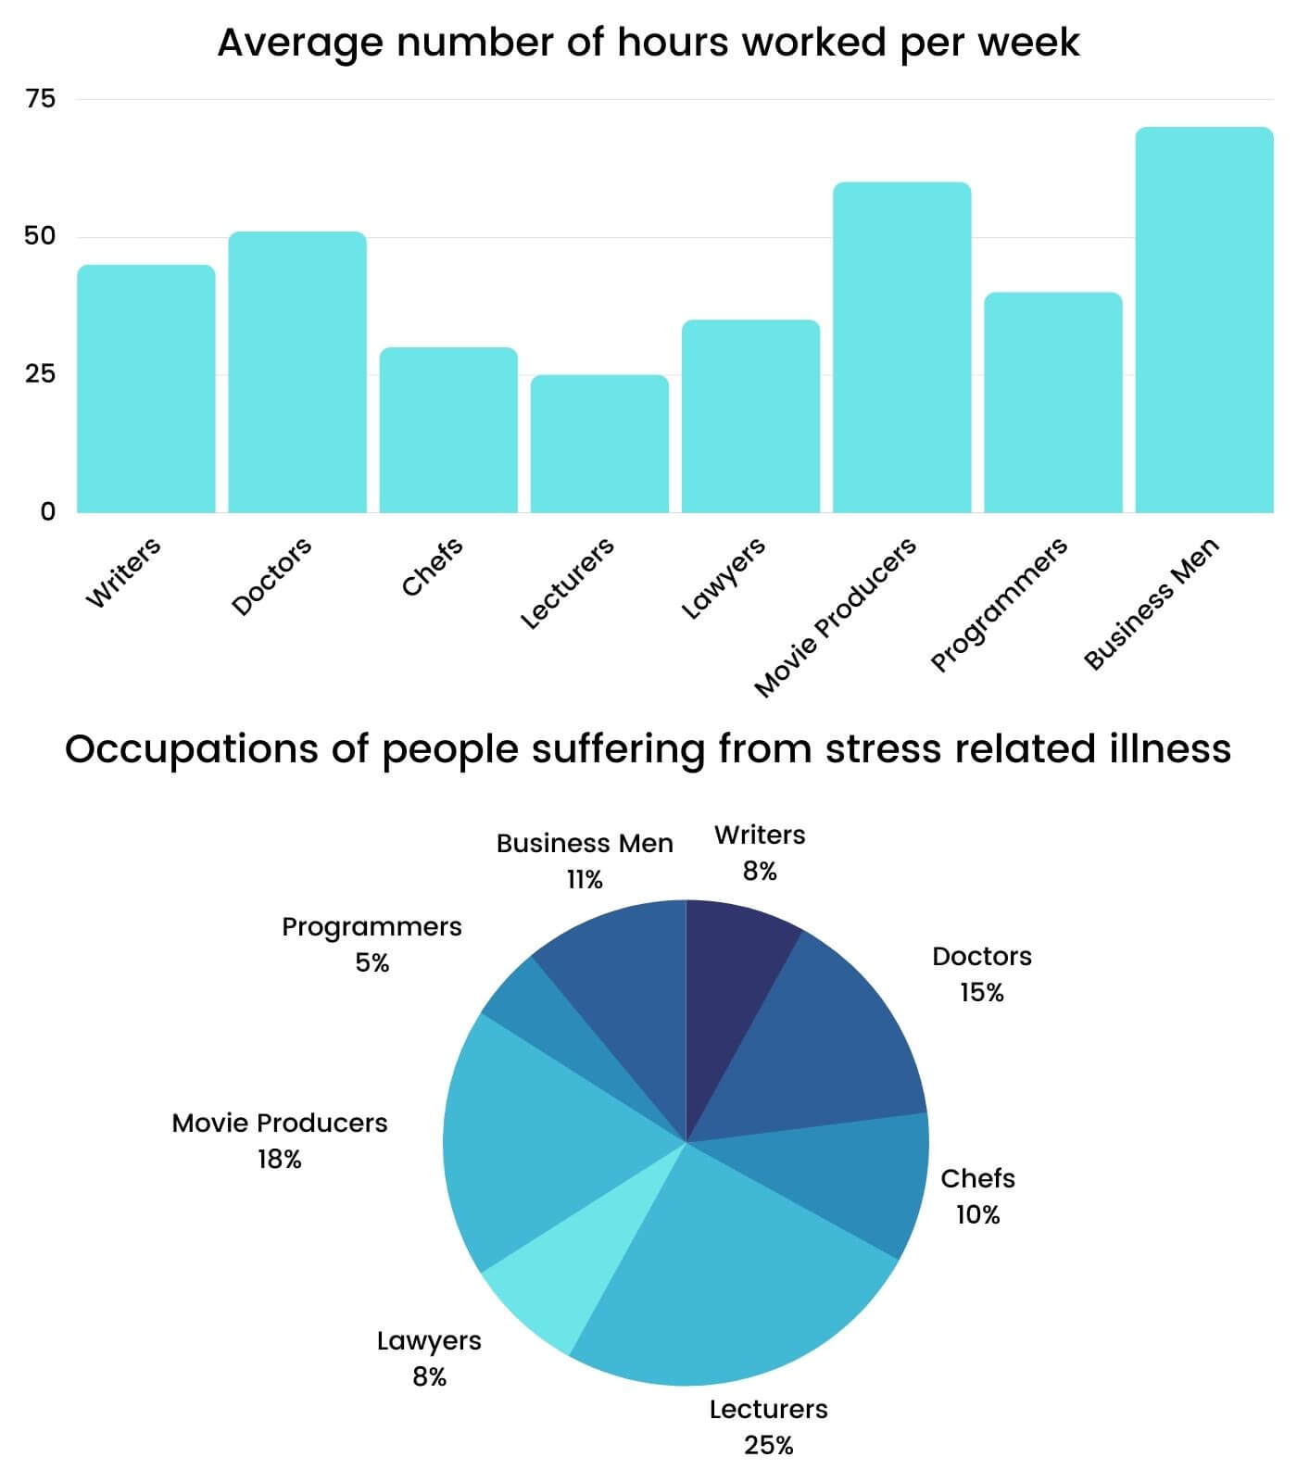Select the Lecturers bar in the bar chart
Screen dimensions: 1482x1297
pos(599,444)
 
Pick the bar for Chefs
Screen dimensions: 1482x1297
pos(448,430)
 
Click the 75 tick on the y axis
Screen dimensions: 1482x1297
pos(41,99)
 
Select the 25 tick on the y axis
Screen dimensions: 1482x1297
pos(41,374)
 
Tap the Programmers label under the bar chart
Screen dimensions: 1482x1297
pos(1000,604)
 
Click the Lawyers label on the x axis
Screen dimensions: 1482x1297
pos(724,577)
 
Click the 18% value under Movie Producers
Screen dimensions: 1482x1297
pos(280,1160)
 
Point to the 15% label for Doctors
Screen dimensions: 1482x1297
pos(982,993)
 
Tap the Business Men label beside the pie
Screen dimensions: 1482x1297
pos(585,844)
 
